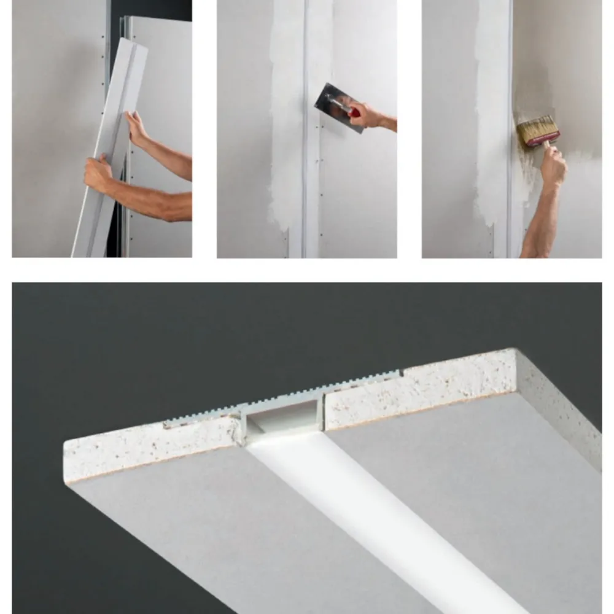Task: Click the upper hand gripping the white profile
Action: [136, 128]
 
